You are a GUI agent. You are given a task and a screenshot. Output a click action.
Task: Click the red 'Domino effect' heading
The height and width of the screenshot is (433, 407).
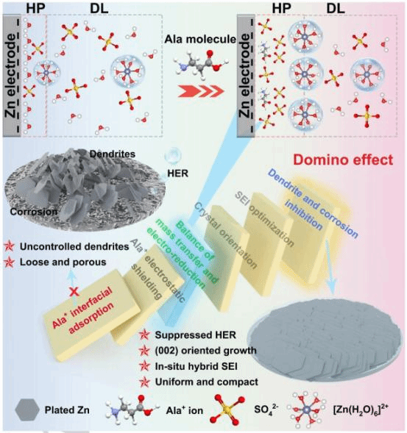[343, 160]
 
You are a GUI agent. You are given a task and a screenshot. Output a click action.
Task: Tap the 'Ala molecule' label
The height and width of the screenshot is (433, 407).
[200, 39]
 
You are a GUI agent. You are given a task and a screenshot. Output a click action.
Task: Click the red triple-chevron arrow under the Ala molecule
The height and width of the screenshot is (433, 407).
[200, 91]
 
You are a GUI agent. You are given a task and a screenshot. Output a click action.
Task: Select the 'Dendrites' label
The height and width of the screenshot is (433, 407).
[113, 154]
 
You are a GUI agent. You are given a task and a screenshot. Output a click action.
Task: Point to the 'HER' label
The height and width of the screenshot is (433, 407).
[178, 173]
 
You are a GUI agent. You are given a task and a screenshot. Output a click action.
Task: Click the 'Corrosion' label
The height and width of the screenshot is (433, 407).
[34, 212]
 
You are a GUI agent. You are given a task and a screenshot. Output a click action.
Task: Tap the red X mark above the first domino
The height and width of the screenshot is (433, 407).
[74, 292]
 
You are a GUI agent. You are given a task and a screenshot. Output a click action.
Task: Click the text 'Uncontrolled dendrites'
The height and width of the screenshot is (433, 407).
[74, 246]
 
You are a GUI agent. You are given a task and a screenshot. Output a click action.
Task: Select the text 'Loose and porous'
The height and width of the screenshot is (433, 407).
[63, 262]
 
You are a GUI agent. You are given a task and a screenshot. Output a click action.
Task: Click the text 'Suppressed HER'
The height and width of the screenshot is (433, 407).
[195, 335]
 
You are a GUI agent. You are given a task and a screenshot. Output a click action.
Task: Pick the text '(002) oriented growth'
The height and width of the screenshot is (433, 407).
[205, 351]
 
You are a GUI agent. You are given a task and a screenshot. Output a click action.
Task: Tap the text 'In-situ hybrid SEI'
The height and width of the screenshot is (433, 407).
[196, 366]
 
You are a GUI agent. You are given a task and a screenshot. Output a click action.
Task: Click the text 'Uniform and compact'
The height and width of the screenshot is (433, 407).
[206, 382]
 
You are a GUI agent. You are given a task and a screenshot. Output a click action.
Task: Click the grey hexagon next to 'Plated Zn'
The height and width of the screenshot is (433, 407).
[26, 410]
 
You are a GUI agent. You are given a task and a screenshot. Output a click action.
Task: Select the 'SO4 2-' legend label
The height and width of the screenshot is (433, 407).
[266, 409]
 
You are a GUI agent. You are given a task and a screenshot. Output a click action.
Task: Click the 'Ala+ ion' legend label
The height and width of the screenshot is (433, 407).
[185, 410]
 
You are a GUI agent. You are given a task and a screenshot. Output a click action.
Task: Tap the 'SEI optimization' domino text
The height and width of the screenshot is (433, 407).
[264, 219]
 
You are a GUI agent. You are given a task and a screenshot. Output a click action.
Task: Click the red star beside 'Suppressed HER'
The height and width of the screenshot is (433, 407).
[144, 335]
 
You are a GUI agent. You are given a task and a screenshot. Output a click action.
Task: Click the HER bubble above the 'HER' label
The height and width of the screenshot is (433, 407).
[172, 155]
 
